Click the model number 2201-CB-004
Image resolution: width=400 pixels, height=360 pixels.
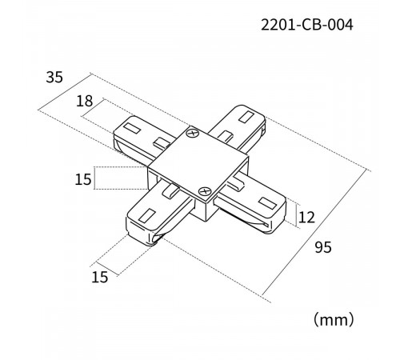tap(306, 24)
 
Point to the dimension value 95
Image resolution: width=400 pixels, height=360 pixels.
tap(323, 249)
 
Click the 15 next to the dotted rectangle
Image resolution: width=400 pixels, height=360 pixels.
tap(83, 179)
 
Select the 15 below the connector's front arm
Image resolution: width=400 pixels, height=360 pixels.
tap(100, 278)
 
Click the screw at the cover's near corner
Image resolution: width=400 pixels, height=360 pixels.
tap(206, 191)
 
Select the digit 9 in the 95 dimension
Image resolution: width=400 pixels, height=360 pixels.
tap(318, 249)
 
